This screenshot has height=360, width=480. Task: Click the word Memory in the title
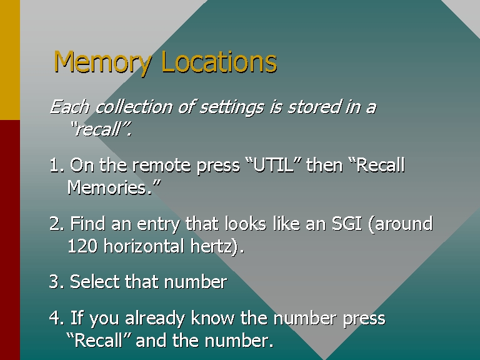[x=102, y=62]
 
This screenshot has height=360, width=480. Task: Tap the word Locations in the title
[x=219, y=61]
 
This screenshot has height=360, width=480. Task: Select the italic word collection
[x=134, y=107]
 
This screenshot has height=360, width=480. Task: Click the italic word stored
[x=314, y=107]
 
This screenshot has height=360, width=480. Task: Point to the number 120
[x=82, y=246]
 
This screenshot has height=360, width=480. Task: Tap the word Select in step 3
[x=95, y=282]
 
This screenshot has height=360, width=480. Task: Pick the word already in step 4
[x=155, y=318]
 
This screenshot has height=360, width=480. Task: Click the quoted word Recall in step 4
[x=99, y=340]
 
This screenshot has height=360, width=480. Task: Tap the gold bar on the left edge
[x=10, y=60]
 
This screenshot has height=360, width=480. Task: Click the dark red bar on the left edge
[x=10, y=240]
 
